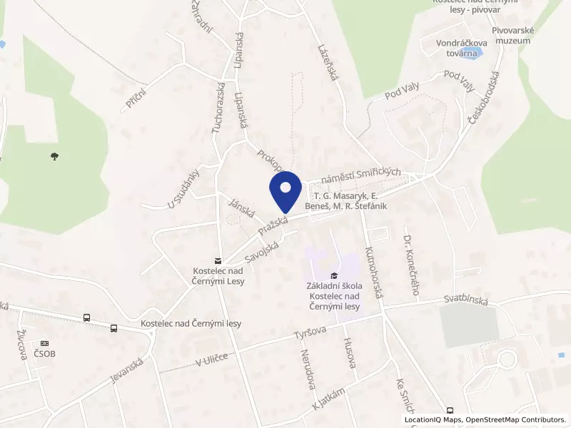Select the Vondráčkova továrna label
[462, 48]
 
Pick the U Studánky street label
[182, 189]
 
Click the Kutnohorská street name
[374, 274]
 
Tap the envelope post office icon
[218, 261]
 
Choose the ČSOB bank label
[44, 353]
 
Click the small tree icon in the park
[55, 156]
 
